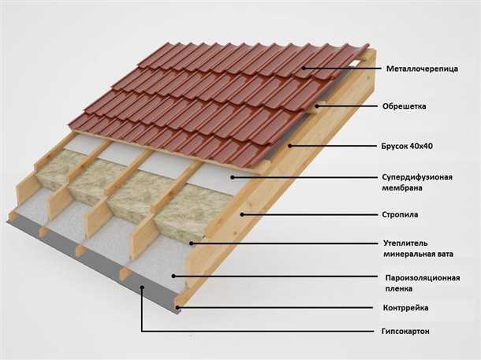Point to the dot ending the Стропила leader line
(x=242, y=213)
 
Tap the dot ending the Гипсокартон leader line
(x=142, y=288)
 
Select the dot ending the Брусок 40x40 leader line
(x=290, y=145)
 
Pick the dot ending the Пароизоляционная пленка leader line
(x=185, y=276)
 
